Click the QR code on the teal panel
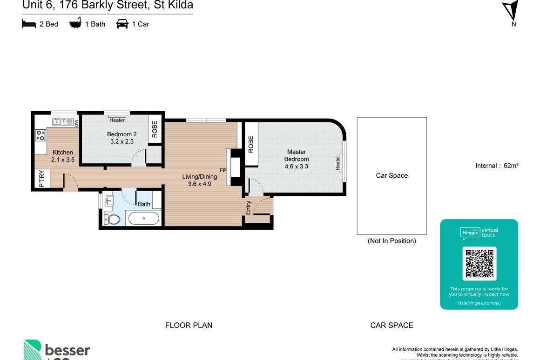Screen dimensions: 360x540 tap(479, 264)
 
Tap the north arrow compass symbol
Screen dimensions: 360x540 tap(511, 10)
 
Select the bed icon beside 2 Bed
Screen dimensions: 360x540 tap(29, 24)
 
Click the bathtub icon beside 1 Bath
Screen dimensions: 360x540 tap(75, 23)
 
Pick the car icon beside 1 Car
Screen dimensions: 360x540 tap(122, 24)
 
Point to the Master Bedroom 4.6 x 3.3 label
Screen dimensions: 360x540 tap(296, 159)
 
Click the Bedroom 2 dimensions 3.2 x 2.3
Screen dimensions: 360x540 tap(121, 141)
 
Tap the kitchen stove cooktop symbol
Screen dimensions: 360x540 tap(40, 135)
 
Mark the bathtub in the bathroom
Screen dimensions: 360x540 tap(143, 218)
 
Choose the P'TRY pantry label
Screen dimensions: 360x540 tap(41, 179)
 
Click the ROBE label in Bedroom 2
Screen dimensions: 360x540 tap(155, 129)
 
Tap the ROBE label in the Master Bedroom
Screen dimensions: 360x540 tap(251, 144)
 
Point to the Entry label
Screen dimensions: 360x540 tap(248, 208)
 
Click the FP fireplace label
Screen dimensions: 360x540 tap(223, 170)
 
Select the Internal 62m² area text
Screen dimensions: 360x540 tap(497, 166)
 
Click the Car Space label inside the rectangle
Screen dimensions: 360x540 tap(391, 175)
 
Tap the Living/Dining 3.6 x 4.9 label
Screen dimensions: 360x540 tap(199, 180)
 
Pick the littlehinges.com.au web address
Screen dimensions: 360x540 tap(479, 303)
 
